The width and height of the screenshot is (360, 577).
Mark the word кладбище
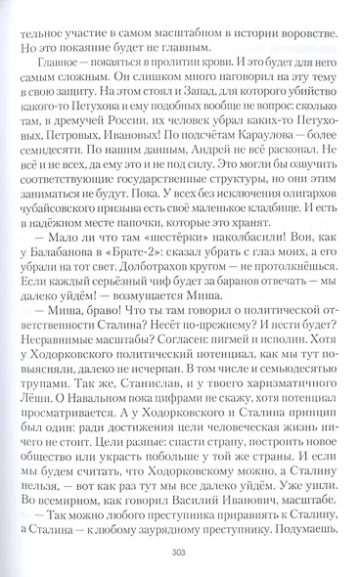pyautogui.click(x=248, y=207)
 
